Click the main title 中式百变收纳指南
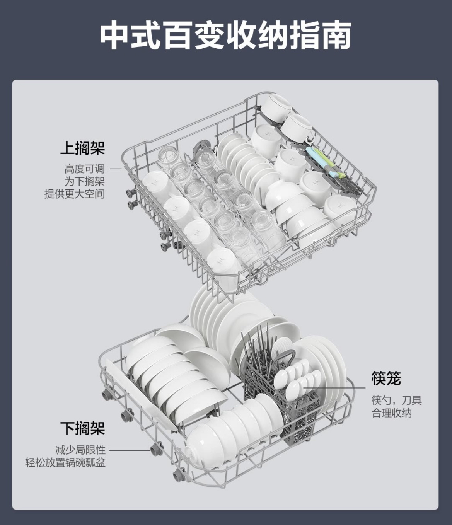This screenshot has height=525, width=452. tap(225, 36)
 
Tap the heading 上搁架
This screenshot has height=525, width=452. tap(82, 148)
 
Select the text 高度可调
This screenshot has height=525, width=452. tap(84, 169)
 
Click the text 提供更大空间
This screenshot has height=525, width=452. tap(74, 194)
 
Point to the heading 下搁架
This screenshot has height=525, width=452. tap(82, 428)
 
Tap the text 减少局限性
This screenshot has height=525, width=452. tap(80, 450)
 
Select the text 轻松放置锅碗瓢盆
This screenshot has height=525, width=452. tap(65, 462)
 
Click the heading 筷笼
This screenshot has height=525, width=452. tap(386, 378)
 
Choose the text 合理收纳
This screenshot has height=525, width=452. tap(392, 413)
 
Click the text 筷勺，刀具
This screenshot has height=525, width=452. tap(396, 400)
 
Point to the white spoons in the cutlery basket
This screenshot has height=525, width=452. tap(296, 377)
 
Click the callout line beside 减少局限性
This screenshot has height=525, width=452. tap(130, 450)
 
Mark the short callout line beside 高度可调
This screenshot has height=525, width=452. tap(116, 169)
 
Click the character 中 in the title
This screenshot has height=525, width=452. tap(115, 36)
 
